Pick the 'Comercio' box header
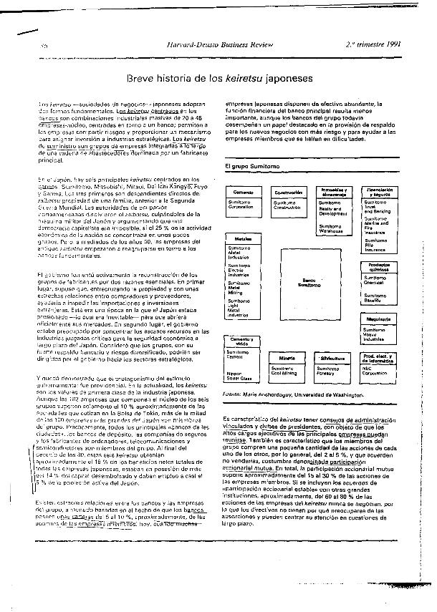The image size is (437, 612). [x=244, y=193]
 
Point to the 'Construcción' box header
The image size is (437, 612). [x=288, y=193]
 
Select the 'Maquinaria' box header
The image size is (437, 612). [x=378, y=319]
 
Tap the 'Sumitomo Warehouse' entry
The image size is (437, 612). [x=332, y=228]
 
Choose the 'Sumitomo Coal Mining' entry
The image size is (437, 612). [x=286, y=371]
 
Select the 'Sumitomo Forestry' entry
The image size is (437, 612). [x=332, y=371]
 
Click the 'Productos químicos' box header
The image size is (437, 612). [x=378, y=266]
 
